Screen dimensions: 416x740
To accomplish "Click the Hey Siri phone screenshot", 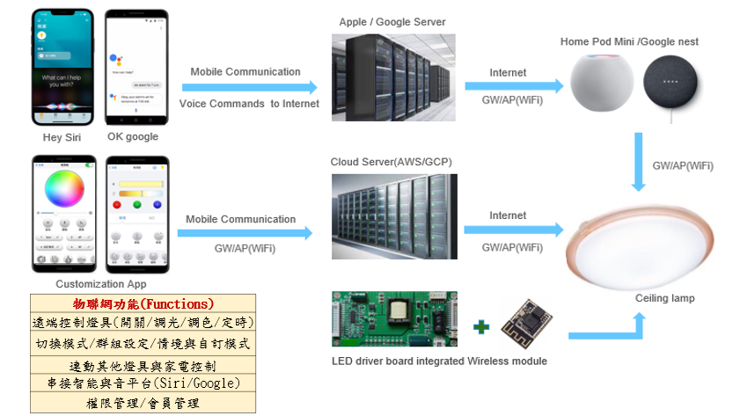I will [x=62, y=66].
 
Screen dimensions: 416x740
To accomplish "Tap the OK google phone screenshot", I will [x=136, y=67].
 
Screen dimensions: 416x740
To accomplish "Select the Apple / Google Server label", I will [x=392, y=21].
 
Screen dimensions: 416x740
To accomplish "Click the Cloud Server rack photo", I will [x=393, y=216].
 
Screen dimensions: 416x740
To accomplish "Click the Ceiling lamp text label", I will [x=664, y=298].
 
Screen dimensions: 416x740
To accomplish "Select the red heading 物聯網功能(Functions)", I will [x=143, y=303].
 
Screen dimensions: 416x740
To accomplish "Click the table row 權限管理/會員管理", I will [x=143, y=403].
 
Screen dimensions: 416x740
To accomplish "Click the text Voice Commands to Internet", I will [x=249, y=104].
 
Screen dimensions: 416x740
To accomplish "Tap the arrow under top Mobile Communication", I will [x=249, y=87].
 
